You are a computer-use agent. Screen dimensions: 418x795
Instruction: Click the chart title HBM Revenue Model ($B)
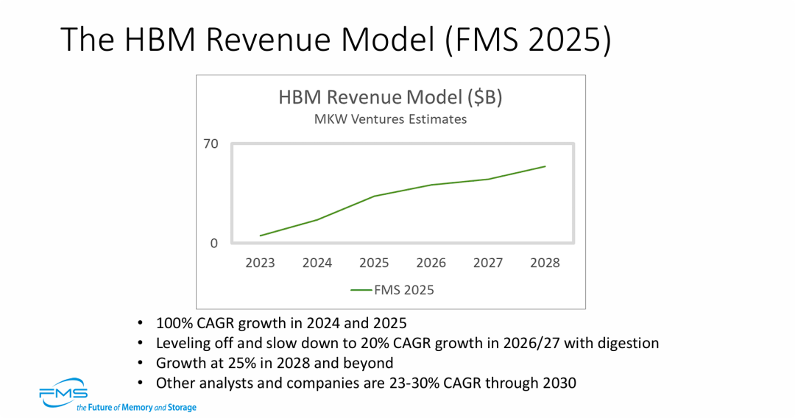(x=390, y=97)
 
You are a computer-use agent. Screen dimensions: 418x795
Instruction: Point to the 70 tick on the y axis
(x=211, y=144)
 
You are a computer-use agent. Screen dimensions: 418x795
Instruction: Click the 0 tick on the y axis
(x=214, y=243)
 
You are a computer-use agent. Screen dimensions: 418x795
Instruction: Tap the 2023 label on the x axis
(x=261, y=263)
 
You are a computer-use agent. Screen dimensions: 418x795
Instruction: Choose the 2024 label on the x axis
(x=317, y=263)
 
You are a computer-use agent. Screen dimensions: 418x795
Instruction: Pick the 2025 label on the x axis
(x=374, y=263)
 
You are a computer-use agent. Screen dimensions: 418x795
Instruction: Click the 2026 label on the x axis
(x=431, y=263)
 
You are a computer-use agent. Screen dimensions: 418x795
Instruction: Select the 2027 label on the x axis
(x=488, y=263)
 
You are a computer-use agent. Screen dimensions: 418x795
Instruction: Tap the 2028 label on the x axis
(x=545, y=263)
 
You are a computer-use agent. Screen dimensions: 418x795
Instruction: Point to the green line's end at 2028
(x=545, y=166)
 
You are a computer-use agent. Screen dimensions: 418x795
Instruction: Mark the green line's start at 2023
(x=261, y=235)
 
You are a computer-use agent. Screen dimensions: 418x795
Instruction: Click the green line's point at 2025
(x=374, y=196)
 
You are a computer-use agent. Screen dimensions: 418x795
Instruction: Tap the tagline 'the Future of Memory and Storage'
(x=136, y=407)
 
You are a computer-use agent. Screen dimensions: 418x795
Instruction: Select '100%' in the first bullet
(x=172, y=323)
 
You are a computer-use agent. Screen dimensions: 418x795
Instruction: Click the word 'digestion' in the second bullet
(x=630, y=343)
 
